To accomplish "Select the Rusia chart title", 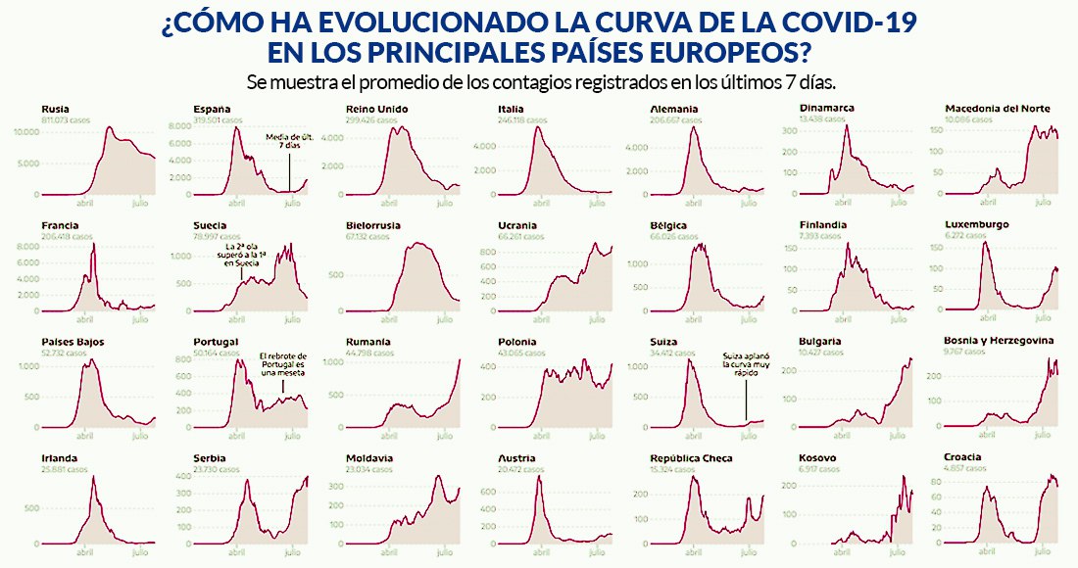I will coord(56,109).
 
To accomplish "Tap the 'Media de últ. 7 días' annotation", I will coord(287,144).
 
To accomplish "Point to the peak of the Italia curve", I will coord(538,128).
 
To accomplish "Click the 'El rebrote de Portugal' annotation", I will coord(283,365).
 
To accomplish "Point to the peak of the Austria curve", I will coord(540,477).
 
